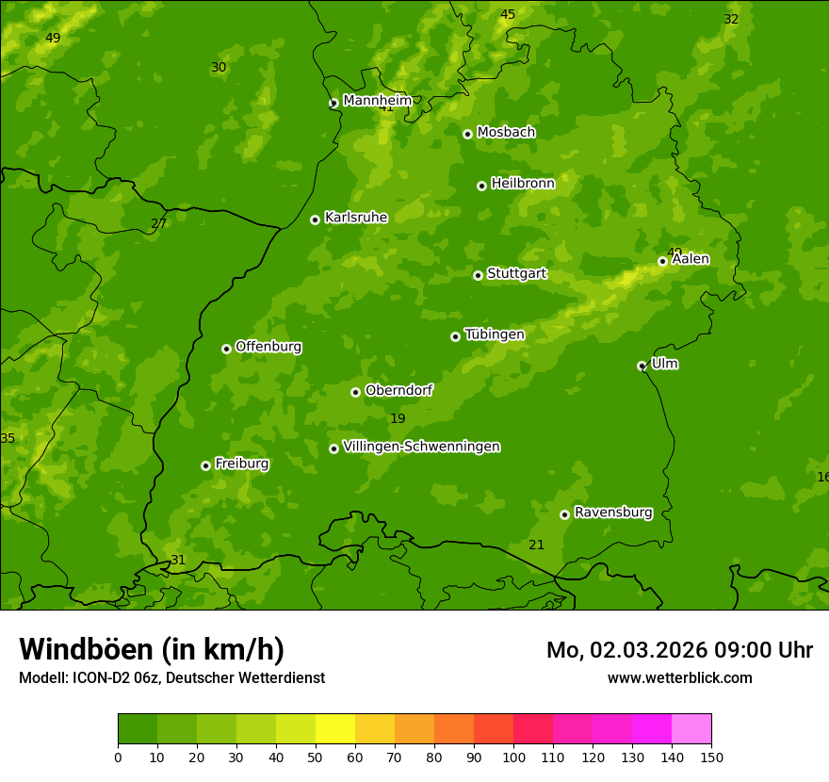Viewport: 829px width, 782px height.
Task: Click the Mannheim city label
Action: [377, 100]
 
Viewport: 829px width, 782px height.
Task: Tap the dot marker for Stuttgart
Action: [478, 275]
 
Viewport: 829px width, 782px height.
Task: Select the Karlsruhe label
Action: [355, 217]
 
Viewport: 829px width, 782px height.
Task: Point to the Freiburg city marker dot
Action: [205, 465]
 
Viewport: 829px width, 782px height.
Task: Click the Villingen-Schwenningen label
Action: [421, 447]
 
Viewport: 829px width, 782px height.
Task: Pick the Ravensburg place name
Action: [612, 513]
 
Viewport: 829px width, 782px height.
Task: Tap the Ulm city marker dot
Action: [642, 366]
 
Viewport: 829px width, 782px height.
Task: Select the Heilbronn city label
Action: [523, 183]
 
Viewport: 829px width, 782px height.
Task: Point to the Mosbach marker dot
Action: [467, 134]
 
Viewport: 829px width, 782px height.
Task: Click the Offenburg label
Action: [268, 346]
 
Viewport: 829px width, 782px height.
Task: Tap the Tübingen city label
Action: [494, 334]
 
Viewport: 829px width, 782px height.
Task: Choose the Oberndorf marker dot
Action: [355, 392]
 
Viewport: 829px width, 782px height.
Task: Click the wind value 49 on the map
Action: [53, 38]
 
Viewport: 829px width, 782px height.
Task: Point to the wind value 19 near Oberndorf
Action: [398, 418]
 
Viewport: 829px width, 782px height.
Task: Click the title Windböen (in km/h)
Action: [151, 649]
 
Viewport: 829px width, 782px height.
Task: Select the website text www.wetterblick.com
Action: [679, 677]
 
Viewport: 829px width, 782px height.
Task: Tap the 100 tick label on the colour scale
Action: [513, 757]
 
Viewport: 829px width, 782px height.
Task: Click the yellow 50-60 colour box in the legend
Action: [335, 729]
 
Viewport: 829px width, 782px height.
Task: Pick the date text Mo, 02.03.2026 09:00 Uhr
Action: [679, 650]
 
